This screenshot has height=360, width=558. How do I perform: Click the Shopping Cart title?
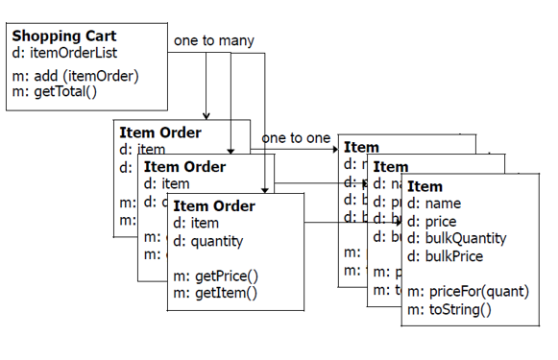(64, 36)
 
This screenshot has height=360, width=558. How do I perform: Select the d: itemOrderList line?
(64, 53)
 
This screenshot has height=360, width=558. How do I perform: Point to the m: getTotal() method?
(54, 91)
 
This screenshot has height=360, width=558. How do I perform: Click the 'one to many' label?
(214, 41)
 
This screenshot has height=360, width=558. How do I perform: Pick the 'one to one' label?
(296, 138)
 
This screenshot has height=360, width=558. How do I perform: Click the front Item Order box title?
(214, 206)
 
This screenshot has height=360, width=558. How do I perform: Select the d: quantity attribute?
(208, 242)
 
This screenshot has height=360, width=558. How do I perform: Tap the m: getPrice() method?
(216, 276)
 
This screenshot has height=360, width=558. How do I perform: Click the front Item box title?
(425, 186)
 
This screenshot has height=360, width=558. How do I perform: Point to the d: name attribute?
(434, 204)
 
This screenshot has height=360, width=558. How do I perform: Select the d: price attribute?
(432, 221)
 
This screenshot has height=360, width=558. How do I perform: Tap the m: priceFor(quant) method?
(468, 291)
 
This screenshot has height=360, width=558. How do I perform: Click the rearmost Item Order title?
(160, 132)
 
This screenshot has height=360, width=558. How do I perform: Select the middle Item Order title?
(184, 167)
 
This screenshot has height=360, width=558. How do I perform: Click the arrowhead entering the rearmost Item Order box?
(206, 115)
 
